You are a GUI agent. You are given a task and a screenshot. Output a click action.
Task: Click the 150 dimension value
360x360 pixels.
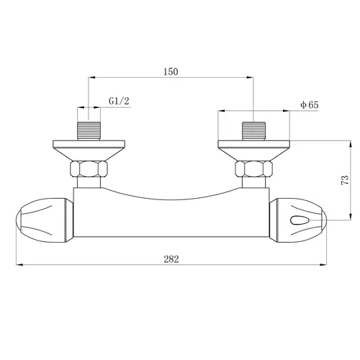click(x=170, y=71)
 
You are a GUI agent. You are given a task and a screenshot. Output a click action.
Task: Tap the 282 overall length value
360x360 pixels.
click(x=171, y=258)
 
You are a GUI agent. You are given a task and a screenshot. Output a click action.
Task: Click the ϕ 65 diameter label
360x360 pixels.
click(x=310, y=105)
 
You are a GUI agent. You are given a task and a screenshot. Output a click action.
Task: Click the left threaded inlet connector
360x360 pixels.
click(x=88, y=131)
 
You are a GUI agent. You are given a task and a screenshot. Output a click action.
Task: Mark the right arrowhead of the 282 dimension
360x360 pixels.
click(x=325, y=265)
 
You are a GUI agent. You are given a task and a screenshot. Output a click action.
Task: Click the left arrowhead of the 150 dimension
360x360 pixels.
click(x=89, y=77)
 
